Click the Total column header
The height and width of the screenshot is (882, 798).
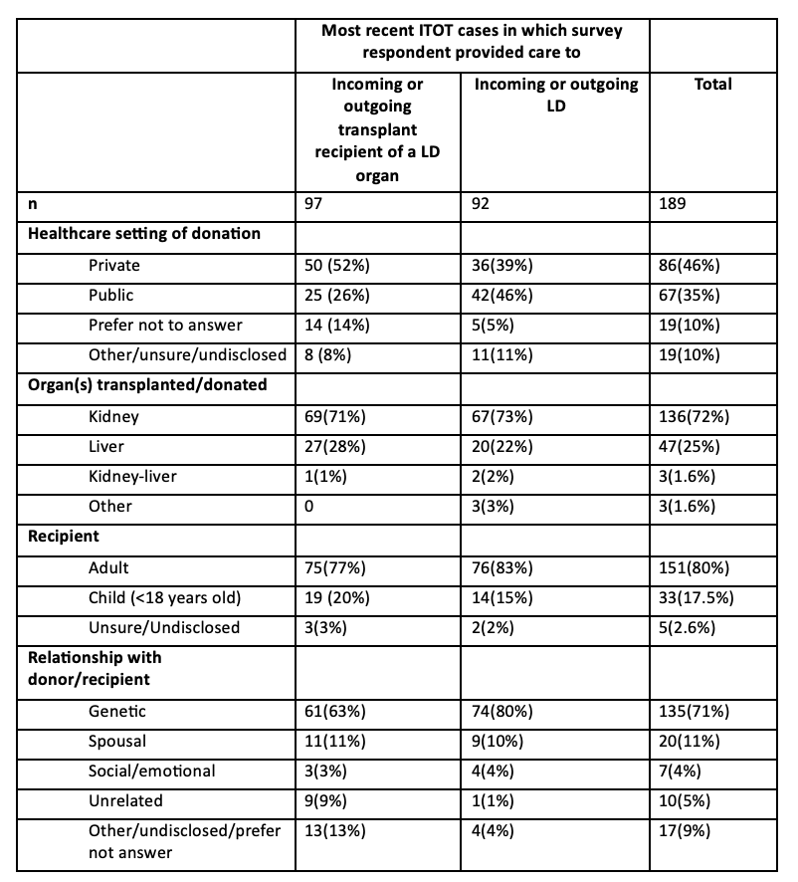(x=711, y=85)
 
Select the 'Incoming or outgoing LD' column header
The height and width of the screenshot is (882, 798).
(x=556, y=95)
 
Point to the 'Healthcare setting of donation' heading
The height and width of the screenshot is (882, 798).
(x=144, y=233)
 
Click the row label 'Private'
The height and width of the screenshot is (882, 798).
(x=114, y=266)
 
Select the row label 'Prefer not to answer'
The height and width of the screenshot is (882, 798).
(x=165, y=325)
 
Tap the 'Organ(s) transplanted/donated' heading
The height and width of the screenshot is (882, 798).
(x=147, y=384)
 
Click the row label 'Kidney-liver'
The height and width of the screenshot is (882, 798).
(x=132, y=476)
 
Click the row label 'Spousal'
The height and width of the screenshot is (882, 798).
(x=117, y=741)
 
